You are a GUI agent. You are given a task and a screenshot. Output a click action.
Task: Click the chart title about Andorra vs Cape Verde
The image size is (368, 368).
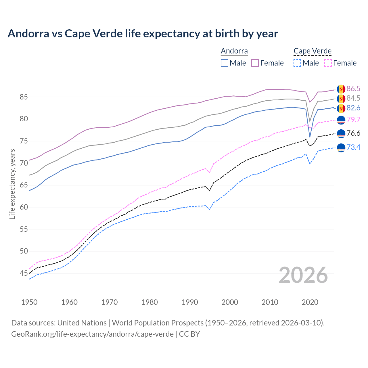tap(143, 34)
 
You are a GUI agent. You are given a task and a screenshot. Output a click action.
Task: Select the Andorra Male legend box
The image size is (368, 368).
tap(225, 63)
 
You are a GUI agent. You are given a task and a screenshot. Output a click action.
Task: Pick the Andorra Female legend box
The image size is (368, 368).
tap(255, 63)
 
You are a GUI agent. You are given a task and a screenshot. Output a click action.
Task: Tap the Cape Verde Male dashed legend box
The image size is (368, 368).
tap(297, 63)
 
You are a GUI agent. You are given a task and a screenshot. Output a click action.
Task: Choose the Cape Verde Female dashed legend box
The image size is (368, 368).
tap(328, 63)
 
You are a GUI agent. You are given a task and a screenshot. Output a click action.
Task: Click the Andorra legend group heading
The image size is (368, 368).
tap(234, 51)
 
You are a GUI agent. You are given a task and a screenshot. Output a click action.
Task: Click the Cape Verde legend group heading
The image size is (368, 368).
tap(313, 51)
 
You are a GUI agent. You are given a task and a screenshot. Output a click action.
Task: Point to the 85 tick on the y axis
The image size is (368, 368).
tap(24, 97)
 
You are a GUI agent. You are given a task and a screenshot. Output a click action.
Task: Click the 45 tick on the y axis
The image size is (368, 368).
tap(24, 273)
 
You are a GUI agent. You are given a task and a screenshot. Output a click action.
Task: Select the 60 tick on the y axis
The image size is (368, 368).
tap(24, 207)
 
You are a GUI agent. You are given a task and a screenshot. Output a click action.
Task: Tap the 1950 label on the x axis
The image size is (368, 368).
tap(29, 302)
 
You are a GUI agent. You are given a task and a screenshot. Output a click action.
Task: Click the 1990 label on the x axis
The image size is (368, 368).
tap(190, 302)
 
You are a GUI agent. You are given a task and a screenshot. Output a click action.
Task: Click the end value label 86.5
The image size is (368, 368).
tap(353, 89)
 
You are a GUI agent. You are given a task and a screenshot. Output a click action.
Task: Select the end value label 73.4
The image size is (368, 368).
tap(353, 147)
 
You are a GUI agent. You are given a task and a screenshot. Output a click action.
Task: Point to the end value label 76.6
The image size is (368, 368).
tap(353, 133)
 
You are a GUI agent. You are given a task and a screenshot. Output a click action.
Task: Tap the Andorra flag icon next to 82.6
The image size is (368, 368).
tap(341, 108)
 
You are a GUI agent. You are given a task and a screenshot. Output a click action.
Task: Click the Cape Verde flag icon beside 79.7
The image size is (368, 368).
tap(341, 120)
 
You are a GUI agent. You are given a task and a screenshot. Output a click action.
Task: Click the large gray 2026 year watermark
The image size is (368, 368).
tap(303, 275)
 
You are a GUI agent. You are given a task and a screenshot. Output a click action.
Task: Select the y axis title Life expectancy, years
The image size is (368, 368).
tap(12, 184)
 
